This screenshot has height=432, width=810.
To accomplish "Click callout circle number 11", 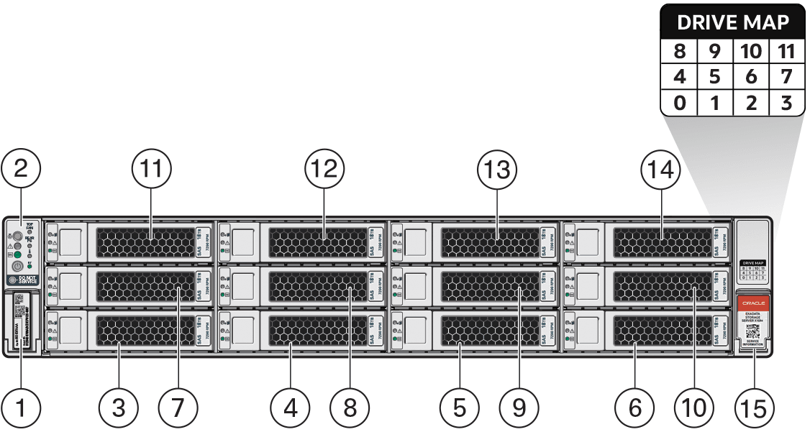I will [152, 170].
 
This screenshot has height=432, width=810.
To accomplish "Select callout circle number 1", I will [21, 408].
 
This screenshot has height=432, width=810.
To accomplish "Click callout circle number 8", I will [350, 408].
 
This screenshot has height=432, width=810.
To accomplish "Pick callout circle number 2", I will [21, 170].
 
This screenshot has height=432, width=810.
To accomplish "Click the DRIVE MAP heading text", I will [732, 22].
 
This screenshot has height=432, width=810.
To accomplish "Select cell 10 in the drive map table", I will [750, 52].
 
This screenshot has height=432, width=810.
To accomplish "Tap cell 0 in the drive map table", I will [679, 103].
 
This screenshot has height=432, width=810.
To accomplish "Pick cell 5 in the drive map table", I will [714, 77].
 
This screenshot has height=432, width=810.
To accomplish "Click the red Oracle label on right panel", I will [754, 304].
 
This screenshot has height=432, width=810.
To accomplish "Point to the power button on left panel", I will [18, 266].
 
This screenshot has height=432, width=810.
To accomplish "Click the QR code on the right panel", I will [753, 331].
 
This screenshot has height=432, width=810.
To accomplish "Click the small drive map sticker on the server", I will [753, 271].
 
